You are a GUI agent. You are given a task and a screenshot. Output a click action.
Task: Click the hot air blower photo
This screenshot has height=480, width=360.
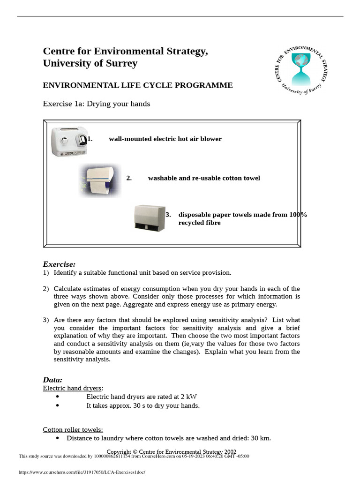pos(69,141)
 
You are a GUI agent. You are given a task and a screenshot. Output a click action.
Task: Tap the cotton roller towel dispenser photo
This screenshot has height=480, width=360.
pos(100,180)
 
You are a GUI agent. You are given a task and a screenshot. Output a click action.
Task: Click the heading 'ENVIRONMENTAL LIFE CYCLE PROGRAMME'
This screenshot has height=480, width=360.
pos(138,85)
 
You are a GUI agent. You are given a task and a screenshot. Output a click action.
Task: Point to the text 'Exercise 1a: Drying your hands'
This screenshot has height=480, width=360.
pos(97,104)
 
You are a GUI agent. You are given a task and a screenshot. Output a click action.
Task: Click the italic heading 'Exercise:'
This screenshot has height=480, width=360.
pos(59,264)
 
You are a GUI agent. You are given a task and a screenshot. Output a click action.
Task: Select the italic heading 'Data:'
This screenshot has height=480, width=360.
pos(52,380)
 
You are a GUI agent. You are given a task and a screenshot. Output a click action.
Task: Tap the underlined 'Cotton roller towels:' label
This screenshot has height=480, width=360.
pos(73,430)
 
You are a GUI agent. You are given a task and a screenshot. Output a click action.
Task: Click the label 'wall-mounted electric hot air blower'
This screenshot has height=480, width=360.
pos(165,139)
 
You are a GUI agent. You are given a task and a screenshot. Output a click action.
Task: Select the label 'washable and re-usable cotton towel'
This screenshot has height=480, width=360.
pos(204,178)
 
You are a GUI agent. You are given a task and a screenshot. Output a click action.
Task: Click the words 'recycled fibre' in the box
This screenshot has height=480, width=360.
pos(199,223)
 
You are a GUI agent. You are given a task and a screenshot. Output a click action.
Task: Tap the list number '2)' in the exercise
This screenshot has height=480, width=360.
pos(46,289)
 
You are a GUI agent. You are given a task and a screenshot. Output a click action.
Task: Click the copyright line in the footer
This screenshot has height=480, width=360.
pos(180,452)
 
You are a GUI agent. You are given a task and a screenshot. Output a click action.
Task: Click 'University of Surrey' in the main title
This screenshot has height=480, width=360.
pos(90,63)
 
